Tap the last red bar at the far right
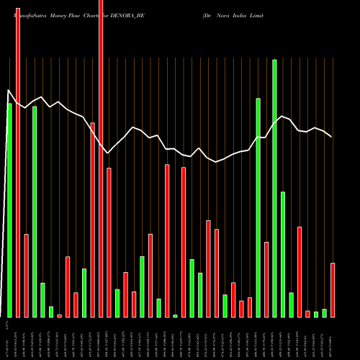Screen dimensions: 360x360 [x=333, y=290]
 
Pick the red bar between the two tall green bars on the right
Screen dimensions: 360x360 [x=266, y=279]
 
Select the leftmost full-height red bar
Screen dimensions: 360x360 [x=17, y=158]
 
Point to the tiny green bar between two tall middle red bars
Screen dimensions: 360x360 [x=175, y=315]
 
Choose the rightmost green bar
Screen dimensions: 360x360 [x=324, y=312]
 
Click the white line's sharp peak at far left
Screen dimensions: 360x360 [x=8, y=91]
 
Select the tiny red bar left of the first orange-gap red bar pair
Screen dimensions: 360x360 [x=59, y=315]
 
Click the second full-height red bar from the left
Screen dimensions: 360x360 [x=101, y=158]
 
